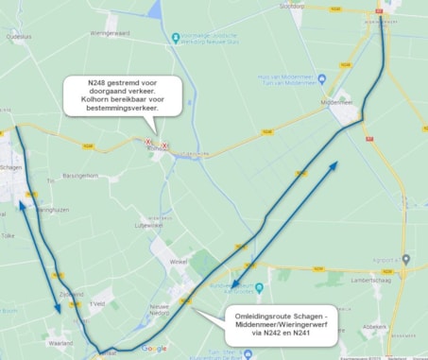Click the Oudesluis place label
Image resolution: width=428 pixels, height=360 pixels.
pyautogui.click(x=18, y=38)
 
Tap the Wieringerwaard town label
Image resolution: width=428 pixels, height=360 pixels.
pyautogui.click(x=110, y=32)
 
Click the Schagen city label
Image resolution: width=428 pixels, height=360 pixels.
pyautogui.click(x=11, y=166)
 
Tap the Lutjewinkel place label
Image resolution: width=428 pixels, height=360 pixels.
pyautogui.click(x=149, y=226)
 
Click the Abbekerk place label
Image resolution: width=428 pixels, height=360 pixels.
pyautogui.click(x=400, y=328)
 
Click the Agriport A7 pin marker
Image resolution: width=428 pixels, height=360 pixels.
pyautogui.click(x=405, y=258)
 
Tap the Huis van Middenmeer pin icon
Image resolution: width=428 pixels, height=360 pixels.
pyautogui.click(x=322, y=78)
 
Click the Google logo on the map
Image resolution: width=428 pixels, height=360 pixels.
pyautogui.click(x=153, y=349)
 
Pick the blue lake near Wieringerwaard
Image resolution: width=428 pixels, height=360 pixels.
pyautogui.click(x=154, y=10)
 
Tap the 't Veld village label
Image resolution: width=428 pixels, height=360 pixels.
pyautogui.click(x=95, y=304)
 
